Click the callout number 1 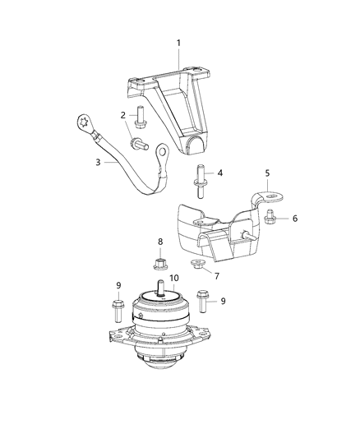(x=179, y=42)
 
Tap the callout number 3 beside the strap (x=98, y=163)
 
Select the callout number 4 (x=219, y=173)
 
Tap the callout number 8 (x=161, y=242)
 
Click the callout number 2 (x=123, y=114)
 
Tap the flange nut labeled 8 (x=161, y=263)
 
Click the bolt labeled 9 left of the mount (x=116, y=312)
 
